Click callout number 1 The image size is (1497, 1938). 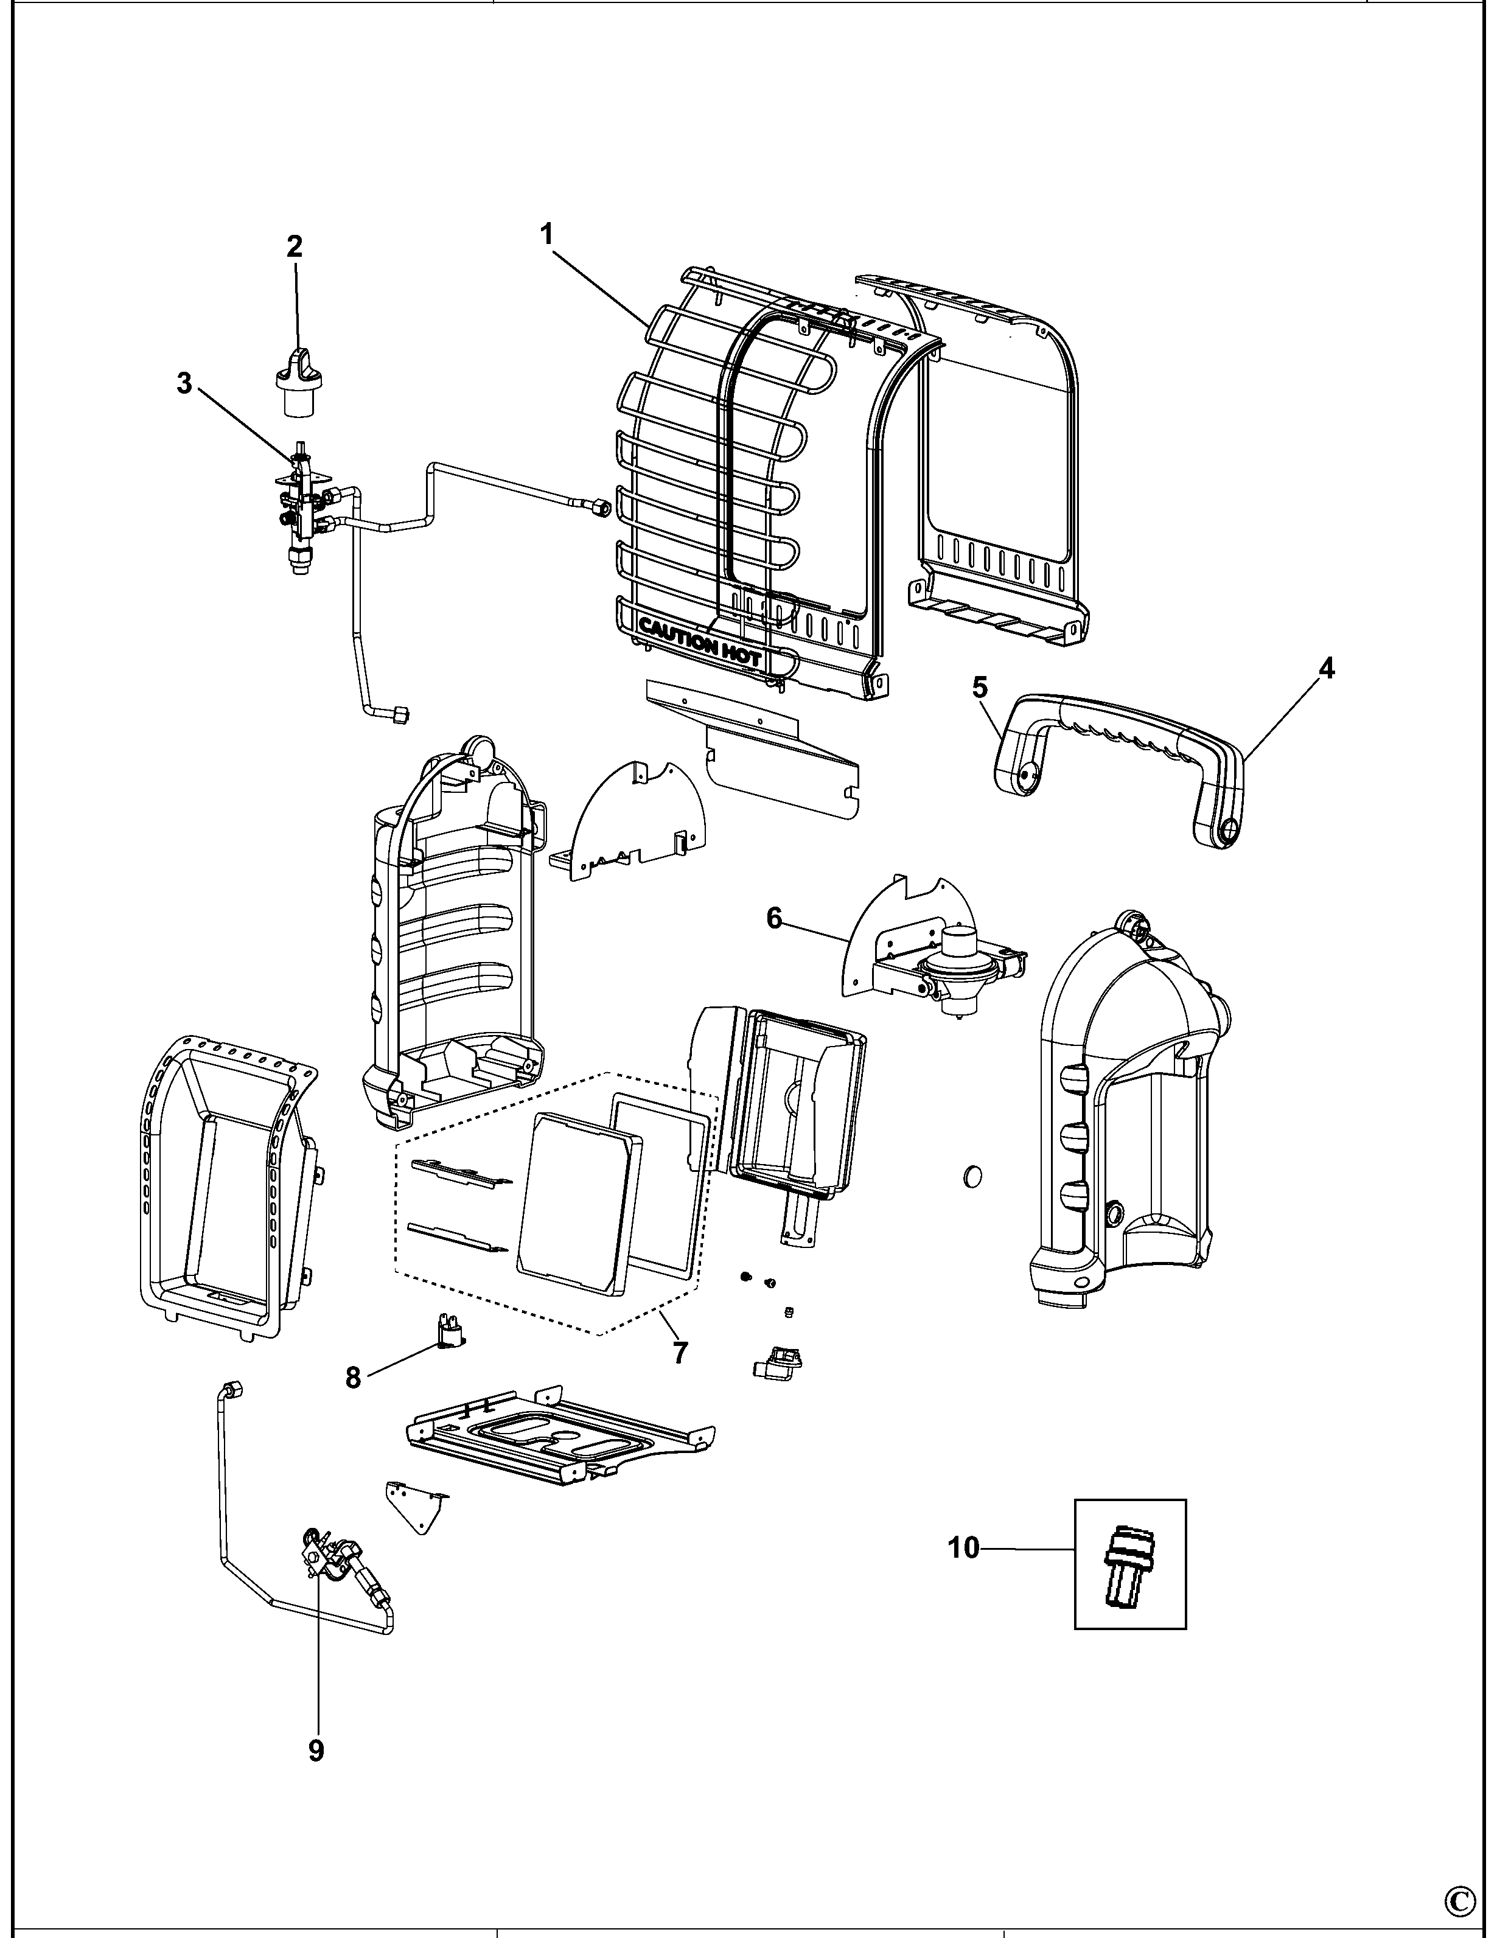(x=546, y=234)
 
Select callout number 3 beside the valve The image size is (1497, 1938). (x=184, y=384)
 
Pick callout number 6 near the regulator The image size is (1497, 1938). (x=775, y=918)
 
